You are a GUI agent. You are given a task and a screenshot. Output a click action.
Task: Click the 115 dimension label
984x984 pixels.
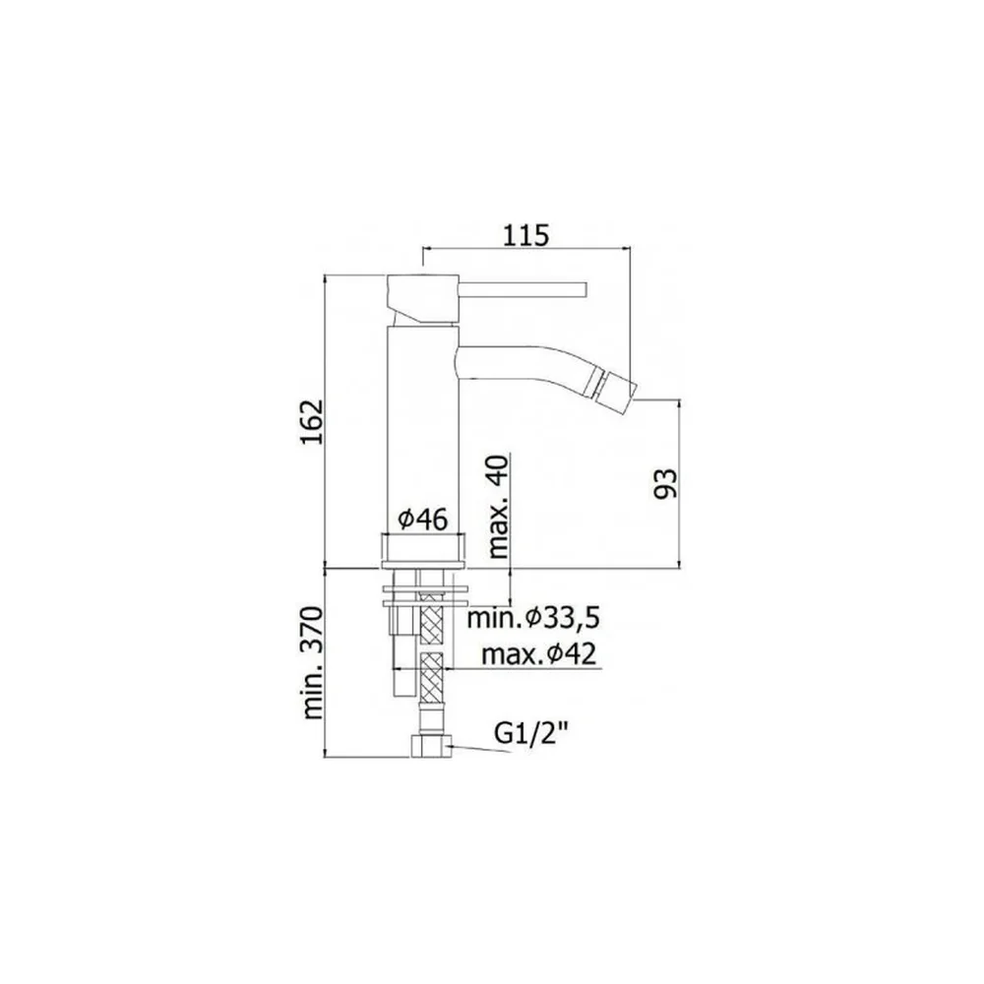pyautogui.click(x=525, y=235)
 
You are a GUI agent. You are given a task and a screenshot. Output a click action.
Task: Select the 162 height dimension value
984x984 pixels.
pyautogui.click(x=312, y=421)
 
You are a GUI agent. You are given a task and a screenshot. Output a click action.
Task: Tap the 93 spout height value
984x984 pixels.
pyautogui.click(x=666, y=484)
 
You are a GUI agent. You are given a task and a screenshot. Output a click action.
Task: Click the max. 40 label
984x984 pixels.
pyautogui.click(x=498, y=506)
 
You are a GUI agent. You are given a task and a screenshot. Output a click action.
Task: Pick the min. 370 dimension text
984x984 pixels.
pyautogui.click(x=312, y=662)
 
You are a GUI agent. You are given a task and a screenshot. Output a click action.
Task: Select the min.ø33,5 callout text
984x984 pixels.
pyautogui.click(x=533, y=619)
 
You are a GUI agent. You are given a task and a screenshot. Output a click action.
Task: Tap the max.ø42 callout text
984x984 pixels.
pyautogui.click(x=538, y=655)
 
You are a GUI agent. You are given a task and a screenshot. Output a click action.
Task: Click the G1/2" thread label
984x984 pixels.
pyautogui.click(x=529, y=733)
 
